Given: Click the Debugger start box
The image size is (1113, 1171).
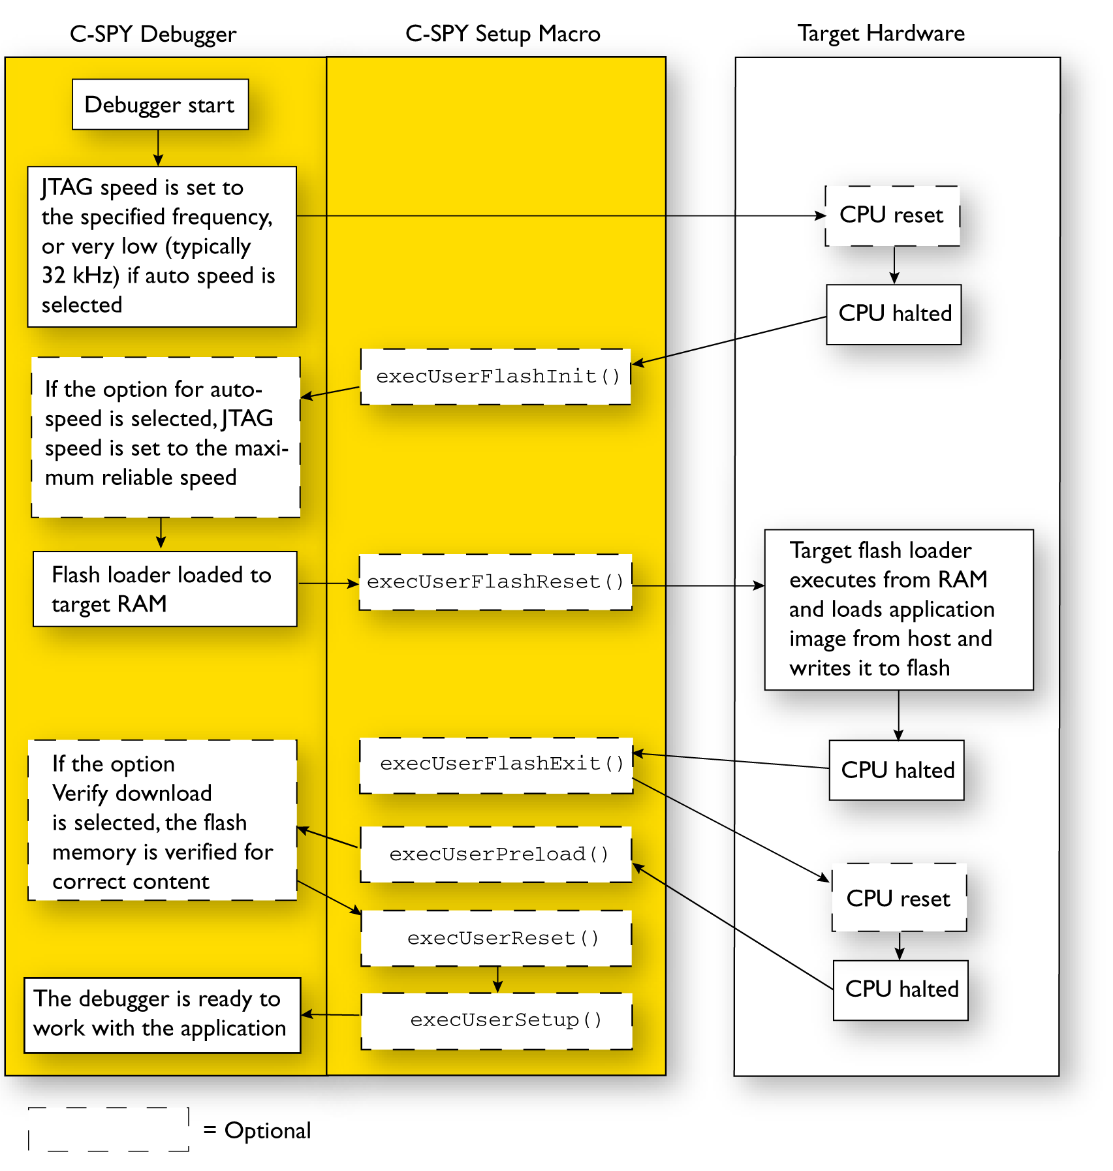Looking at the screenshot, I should coord(160,104).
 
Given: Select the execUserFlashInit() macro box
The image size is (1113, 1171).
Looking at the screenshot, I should coord(495,377).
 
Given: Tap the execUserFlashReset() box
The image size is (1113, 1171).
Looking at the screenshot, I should coord(495,582).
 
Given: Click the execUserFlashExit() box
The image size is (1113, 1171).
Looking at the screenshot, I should coord(496,765).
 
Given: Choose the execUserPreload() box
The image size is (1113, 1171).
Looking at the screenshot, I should coord(496,854).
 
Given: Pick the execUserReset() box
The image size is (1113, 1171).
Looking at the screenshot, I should coord(496,938).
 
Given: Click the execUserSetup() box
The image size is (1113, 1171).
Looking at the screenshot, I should coord(497,1021).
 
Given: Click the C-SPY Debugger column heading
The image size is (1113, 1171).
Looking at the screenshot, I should coord(153,34).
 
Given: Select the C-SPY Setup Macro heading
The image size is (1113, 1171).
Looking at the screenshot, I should coord(503,34).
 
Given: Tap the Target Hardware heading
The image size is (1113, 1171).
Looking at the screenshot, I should coord(881,33).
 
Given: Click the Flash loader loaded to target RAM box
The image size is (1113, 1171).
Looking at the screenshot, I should coord(165,589).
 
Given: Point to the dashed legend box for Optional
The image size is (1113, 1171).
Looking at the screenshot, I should coord(108,1129).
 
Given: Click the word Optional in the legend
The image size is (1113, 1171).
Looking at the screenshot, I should coord(268,1131).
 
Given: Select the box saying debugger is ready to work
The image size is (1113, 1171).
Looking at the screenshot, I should coord(162,1014).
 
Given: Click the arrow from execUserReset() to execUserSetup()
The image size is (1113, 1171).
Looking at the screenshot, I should coord(498,979).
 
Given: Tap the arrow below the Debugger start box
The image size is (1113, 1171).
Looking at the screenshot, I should coord(158,148).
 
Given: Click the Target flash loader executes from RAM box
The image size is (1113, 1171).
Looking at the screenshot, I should coord(898,609).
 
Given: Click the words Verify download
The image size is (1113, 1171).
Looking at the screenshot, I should coord(132,793).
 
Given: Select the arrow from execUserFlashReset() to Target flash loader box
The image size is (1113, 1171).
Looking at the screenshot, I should coord(698,585).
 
